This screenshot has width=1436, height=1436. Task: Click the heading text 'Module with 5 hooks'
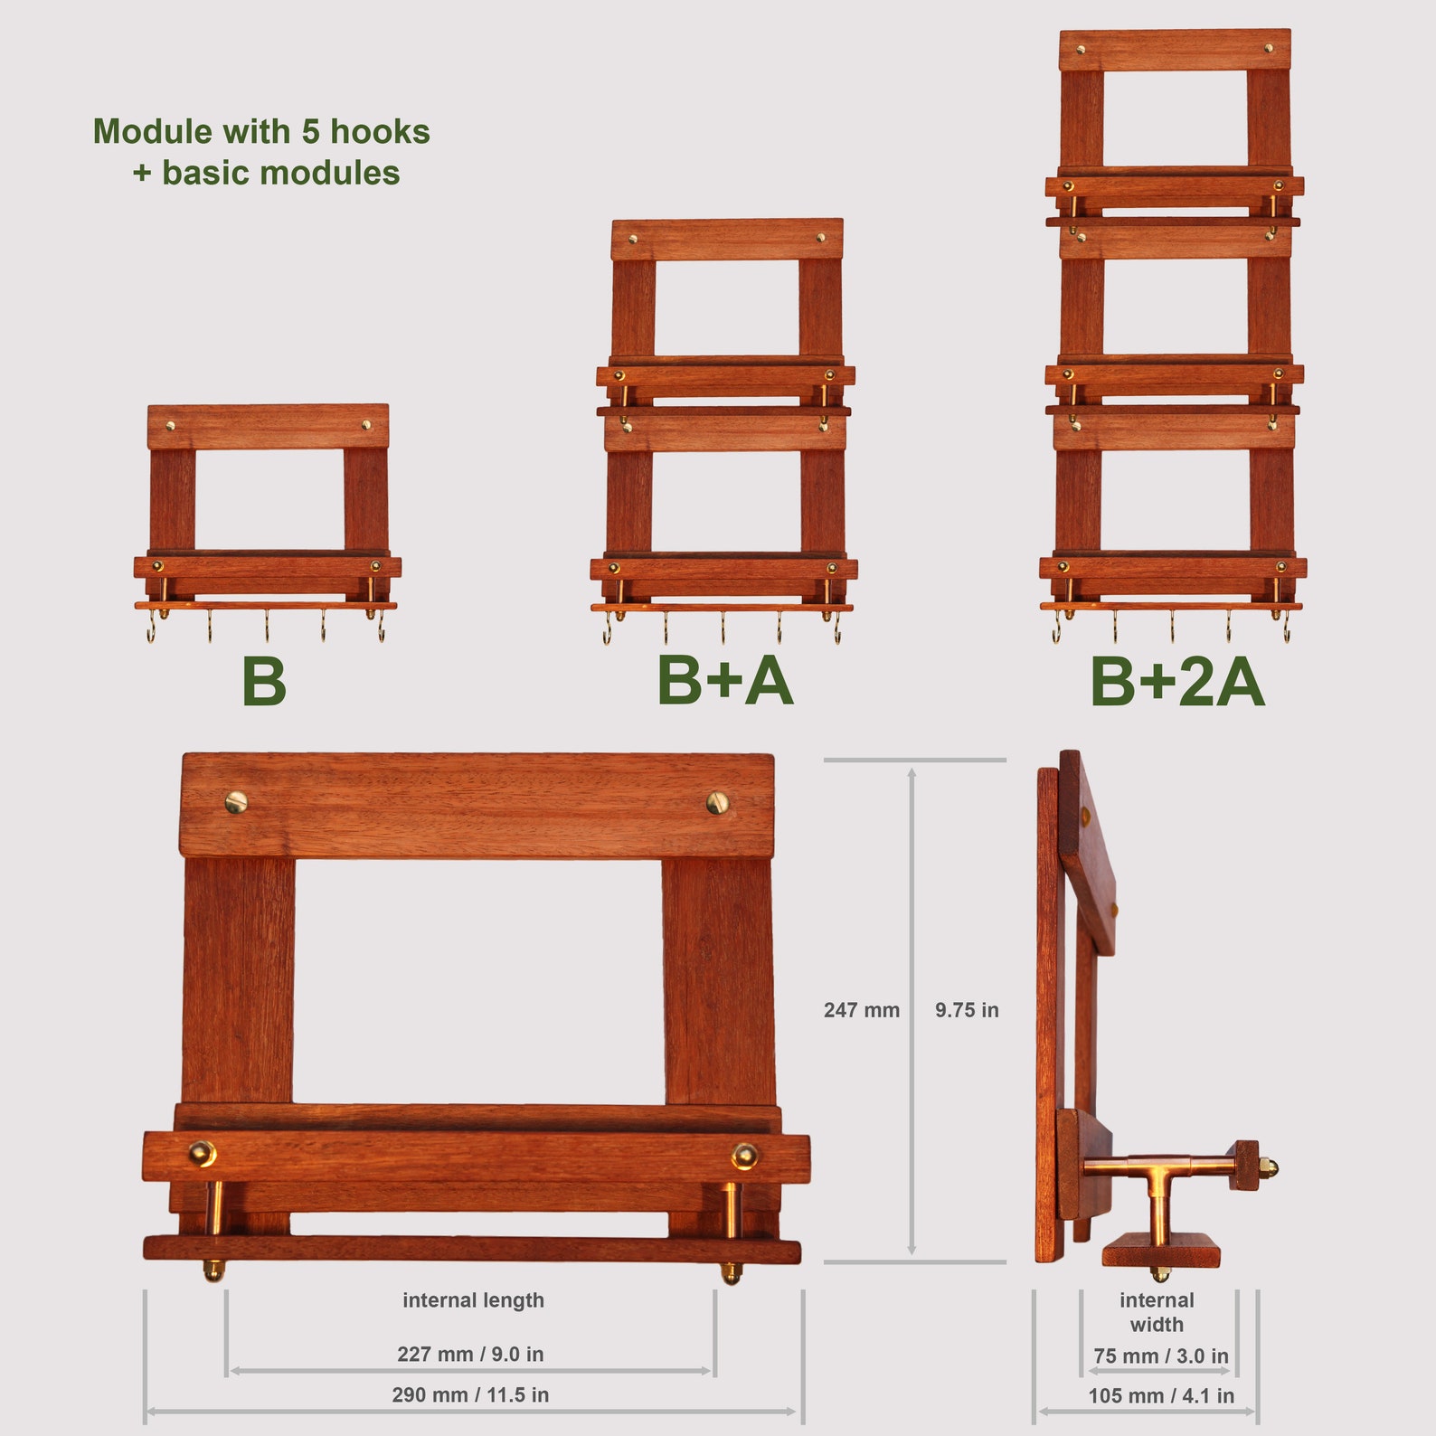tap(261, 132)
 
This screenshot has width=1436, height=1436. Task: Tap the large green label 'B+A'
tap(724, 680)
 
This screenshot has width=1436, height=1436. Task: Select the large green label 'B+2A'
tap(1176, 681)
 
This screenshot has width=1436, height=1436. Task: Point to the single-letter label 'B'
tap(264, 681)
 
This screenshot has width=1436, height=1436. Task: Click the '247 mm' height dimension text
tap(861, 1010)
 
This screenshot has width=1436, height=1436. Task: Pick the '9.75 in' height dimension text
tap(967, 1010)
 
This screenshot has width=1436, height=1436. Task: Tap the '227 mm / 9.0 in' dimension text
tap(470, 1354)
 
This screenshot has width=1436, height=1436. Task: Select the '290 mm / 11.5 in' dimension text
tap(470, 1394)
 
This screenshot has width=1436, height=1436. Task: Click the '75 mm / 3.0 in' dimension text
tap(1160, 1356)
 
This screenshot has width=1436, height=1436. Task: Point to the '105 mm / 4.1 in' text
tap(1161, 1395)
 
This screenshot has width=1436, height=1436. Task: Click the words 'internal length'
tap(473, 1300)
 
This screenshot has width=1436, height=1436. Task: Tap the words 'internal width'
tap(1157, 1312)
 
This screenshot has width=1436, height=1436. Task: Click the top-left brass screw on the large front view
tap(236, 801)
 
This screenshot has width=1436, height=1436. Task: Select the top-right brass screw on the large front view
tap(717, 802)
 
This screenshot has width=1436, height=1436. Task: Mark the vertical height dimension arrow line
tap(912, 1011)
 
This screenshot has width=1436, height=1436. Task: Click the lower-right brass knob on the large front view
tap(744, 1155)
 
